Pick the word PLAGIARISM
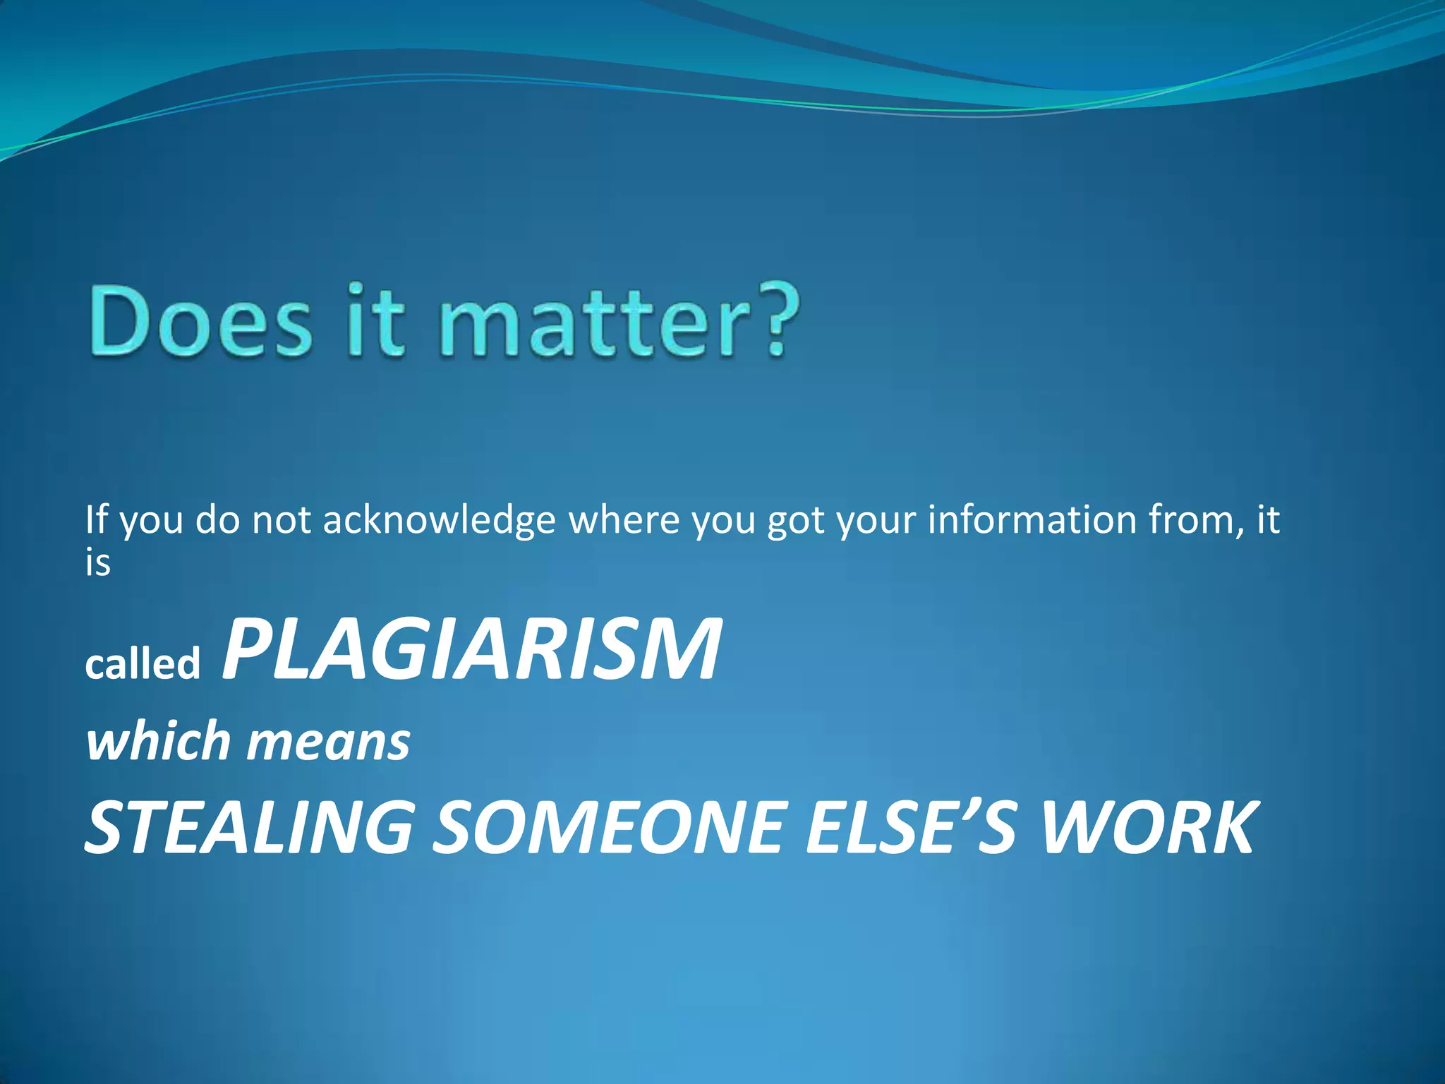point(471,649)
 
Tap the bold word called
point(143,665)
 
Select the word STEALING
point(248,827)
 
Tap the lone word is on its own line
point(98,563)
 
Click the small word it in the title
point(377,322)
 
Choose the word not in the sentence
point(282,521)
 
